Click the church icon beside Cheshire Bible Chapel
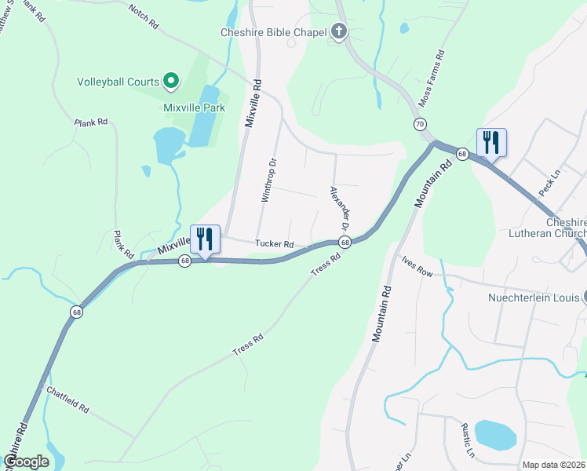pyautogui.click(x=339, y=32)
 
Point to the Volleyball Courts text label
pyautogui.click(x=117, y=81)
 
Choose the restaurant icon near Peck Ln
pyautogui.click(x=491, y=142)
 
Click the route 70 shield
pyautogui.click(x=420, y=124)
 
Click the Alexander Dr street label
pyautogui.click(x=339, y=208)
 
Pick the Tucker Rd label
pyautogui.click(x=274, y=244)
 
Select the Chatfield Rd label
pyautogui.click(x=68, y=400)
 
